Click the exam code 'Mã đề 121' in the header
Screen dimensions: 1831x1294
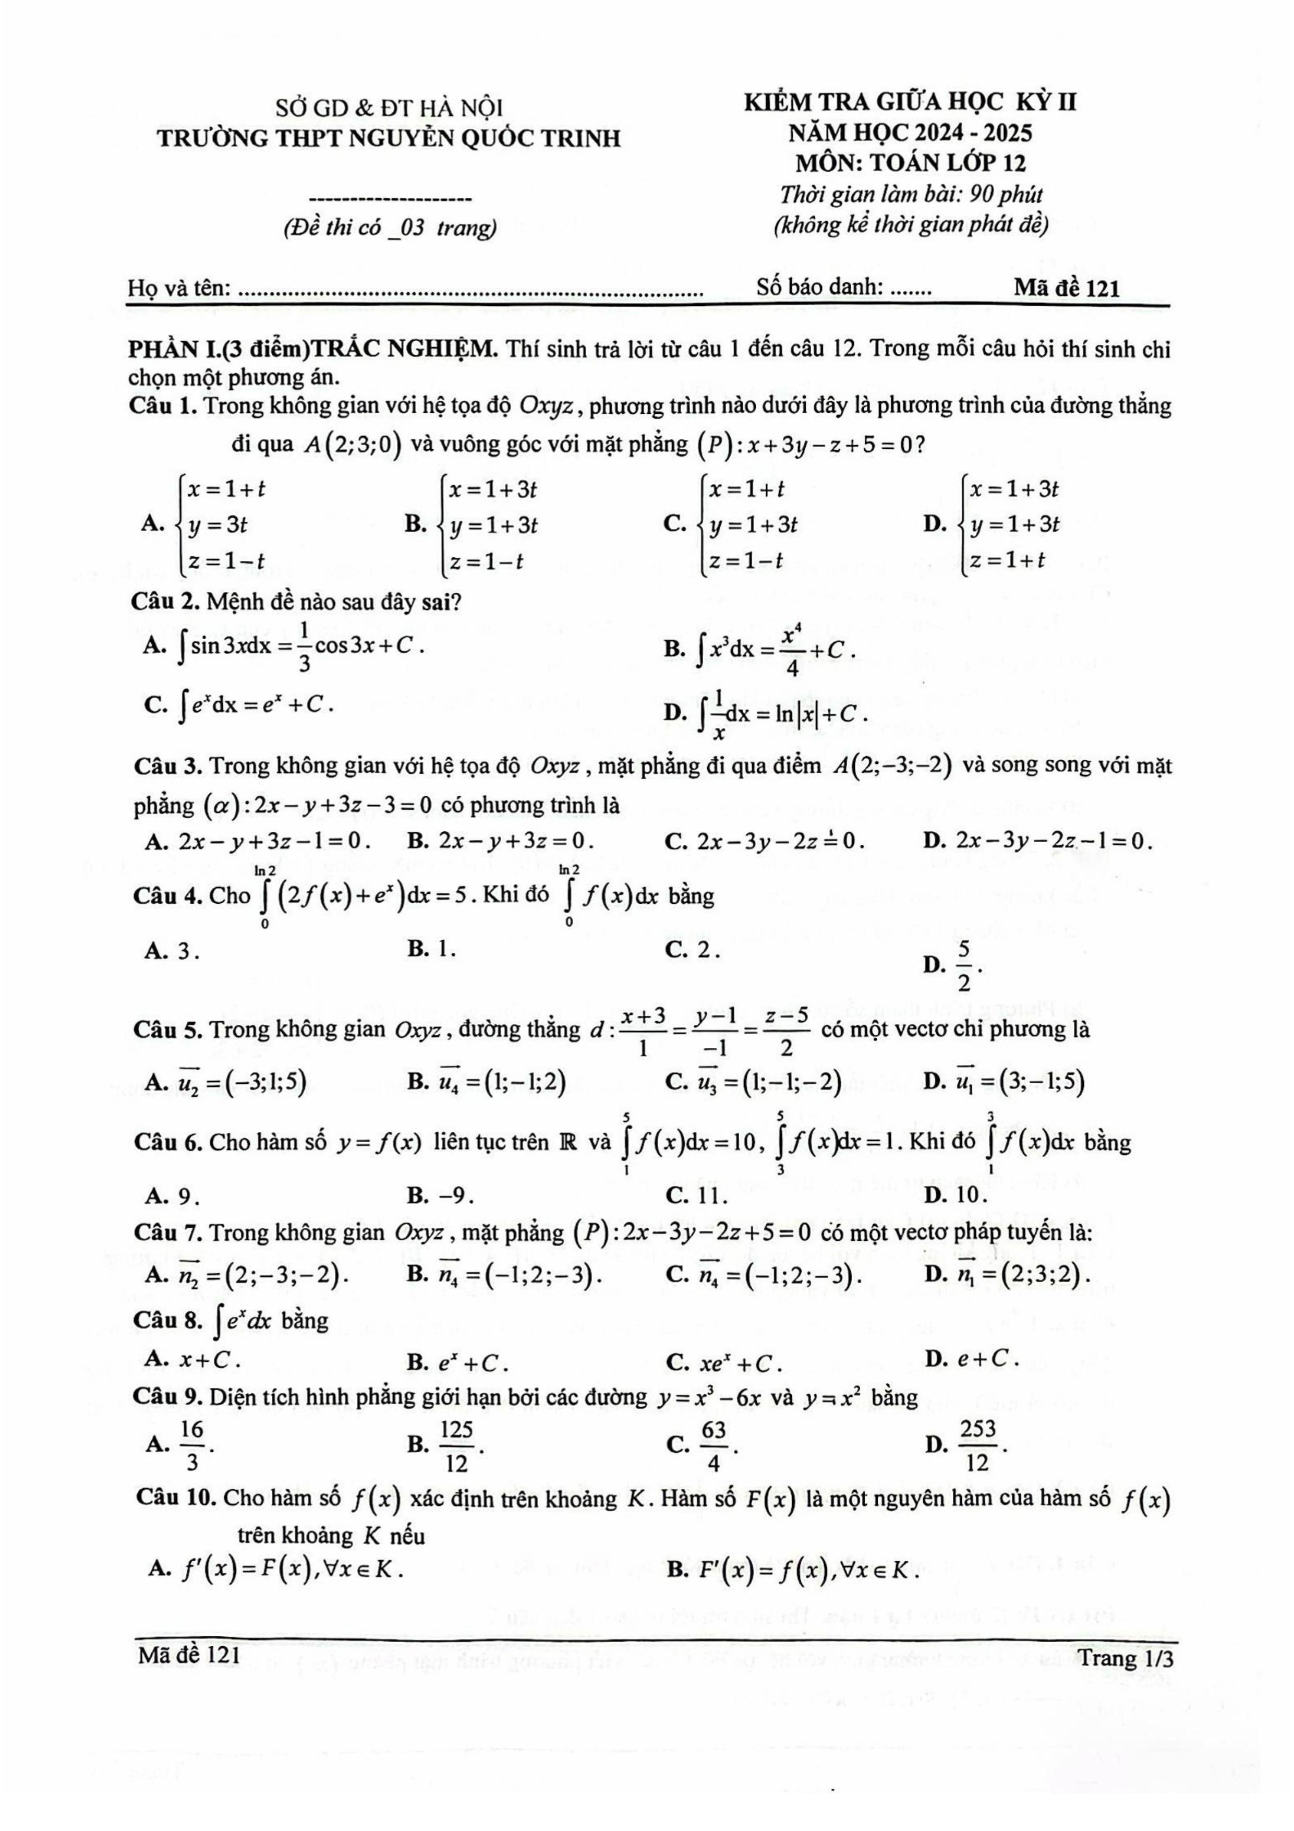[x=1066, y=288]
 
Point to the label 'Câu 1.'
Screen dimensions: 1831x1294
[x=163, y=406]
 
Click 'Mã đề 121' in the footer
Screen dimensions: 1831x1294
[x=189, y=1656]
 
